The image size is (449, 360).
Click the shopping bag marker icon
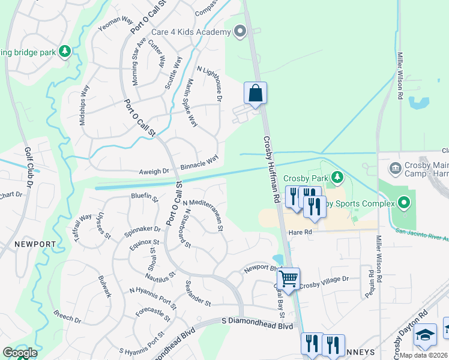[255, 94]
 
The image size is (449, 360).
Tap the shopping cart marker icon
[289, 279]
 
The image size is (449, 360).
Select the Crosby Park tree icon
[337, 178]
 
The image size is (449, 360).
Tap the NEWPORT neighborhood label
[29, 245]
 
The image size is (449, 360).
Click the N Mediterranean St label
[203, 215]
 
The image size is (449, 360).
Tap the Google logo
[20, 352]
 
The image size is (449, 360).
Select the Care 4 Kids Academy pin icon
[241, 31]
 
